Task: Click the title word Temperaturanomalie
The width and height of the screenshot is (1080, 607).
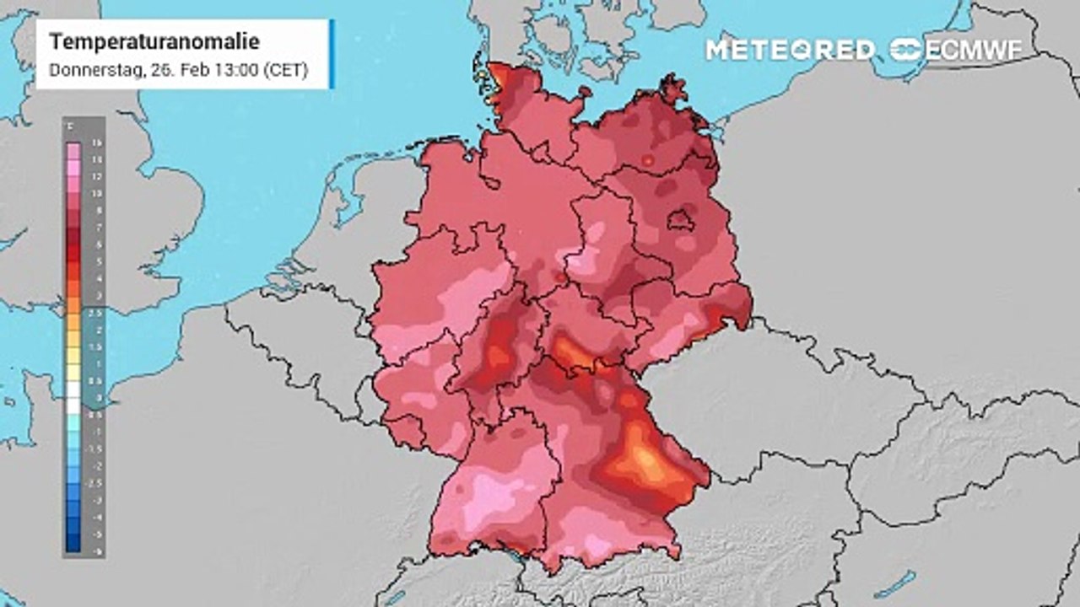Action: point(154,41)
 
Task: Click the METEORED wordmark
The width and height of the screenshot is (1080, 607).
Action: point(790,50)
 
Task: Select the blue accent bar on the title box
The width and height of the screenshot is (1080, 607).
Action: point(332,53)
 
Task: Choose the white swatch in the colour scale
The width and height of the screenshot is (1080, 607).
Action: point(73,397)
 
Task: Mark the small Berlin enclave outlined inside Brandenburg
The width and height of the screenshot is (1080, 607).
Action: point(681,222)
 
